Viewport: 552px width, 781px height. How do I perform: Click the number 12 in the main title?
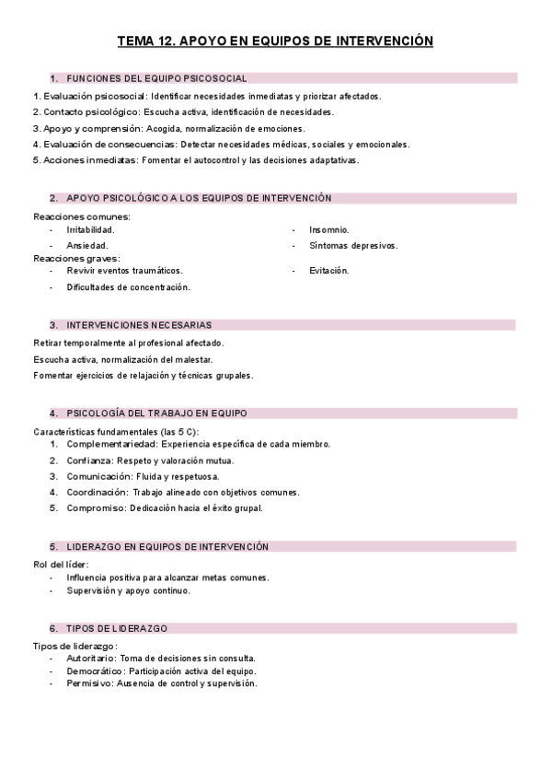tap(164, 41)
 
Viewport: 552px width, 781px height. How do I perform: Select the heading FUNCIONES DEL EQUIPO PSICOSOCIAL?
tap(156, 78)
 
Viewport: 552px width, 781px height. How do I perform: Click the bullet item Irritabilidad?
tap(90, 229)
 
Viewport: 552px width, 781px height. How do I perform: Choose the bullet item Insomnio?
tap(329, 229)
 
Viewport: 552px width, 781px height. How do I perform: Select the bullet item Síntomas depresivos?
tap(353, 246)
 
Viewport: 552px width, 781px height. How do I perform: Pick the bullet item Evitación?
tap(329, 271)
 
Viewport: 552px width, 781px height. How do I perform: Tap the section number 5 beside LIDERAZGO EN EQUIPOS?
tap(53, 547)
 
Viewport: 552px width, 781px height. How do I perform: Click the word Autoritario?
tap(90, 659)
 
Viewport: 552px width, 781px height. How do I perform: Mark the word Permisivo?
tap(89, 683)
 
